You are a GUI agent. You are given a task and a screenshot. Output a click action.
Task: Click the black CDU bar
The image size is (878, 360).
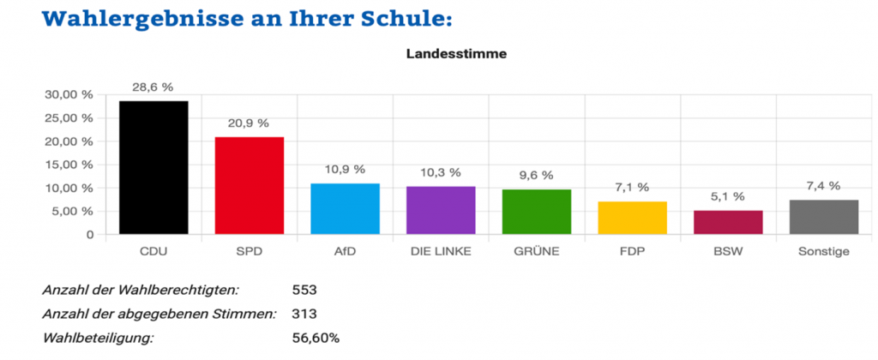pyautogui.click(x=153, y=167)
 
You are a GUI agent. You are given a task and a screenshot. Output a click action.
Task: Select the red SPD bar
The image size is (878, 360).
pyautogui.click(x=250, y=185)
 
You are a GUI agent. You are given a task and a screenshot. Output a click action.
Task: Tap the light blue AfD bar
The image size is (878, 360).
pyautogui.click(x=345, y=208)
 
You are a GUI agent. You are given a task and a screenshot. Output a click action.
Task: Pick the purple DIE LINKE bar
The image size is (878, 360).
pyautogui.click(x=441, y=210)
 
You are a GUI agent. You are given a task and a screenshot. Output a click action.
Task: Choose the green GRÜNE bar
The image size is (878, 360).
pyautogui.click(x=536, y=212)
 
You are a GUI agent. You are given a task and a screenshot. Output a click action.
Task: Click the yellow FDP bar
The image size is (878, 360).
pyautogui.click(x=632, y=218)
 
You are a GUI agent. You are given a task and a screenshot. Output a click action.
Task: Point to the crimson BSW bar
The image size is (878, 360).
pyautogui.click(x=727, y=222)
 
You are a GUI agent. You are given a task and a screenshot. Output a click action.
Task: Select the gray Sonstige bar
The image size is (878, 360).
pyautogui.click(x=823, y=217)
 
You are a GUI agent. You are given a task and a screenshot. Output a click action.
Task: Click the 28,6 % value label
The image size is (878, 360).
pyautogui.click(x=153, y=87)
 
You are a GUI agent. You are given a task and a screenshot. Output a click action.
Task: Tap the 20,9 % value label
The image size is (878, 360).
pyautogui.click(x=250, y=123)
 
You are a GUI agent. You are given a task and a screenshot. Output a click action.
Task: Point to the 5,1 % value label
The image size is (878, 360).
pyautogui.click(x=727, y=197)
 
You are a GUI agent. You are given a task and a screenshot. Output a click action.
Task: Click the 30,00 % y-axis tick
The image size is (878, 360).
pyautogui.click(x=68, y=95)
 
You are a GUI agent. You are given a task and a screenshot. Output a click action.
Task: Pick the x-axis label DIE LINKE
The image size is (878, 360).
pyautogui.click(x=441, y=251)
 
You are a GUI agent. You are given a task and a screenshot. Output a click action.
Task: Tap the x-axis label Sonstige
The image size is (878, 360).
pyautogui.click(x=823, y=251)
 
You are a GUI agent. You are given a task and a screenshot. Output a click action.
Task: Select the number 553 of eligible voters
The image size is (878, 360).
pyautogui.click(x=305, y=291)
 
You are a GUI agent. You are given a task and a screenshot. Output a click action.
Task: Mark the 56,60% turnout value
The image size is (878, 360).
pyautogui.click(x=316, y=337)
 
